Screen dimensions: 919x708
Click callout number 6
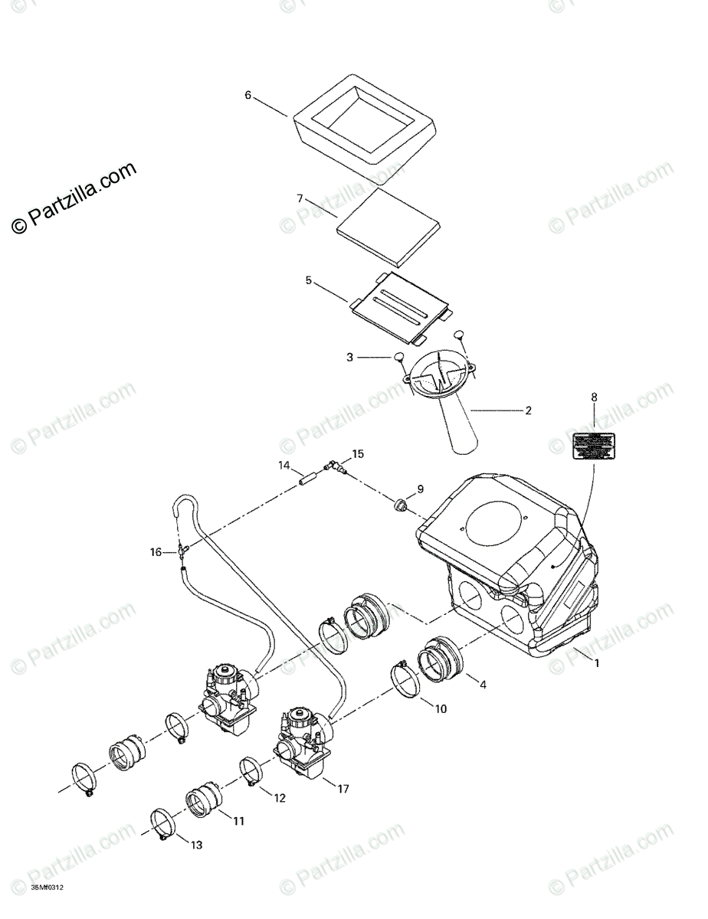[247, 95]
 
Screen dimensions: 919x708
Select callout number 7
[300, 198]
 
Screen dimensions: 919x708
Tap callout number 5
[308, 281]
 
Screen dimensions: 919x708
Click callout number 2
[528, 410]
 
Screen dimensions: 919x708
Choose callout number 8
[594, 397]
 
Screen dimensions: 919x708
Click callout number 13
[197, 845]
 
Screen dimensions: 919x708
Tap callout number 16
[156, 551]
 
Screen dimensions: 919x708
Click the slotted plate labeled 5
[398, 306]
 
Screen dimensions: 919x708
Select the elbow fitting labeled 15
[334, 464]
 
